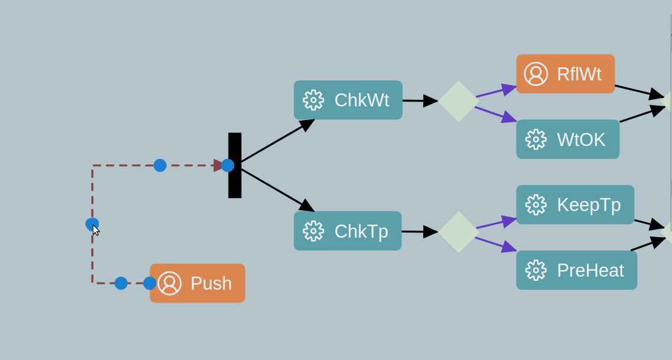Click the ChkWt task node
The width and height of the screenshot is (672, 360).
click(x=348, y=100)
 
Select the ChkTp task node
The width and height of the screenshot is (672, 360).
click(x=348, y=231)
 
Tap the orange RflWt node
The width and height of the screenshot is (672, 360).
click(x=566, y=74)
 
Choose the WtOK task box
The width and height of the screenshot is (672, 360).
click(x=568, y=140)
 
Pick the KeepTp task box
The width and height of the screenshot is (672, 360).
click(x=575, y=205)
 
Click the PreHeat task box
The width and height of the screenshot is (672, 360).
click(x=576, y=270)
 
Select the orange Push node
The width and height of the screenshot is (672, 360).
click(x=197, y=283)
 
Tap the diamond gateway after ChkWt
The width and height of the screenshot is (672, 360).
click(x=458, y=101)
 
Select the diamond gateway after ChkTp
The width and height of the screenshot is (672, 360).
click(x=458, y=232)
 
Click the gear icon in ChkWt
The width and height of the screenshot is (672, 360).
click(x=313, y=100)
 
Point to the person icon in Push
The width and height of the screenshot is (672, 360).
click(x=170, y=283)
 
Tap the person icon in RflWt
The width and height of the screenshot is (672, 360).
click(x=536, y=74)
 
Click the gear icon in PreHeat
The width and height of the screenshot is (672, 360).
click(x=536, y=270)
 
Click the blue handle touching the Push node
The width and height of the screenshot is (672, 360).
click(x=150, y=283)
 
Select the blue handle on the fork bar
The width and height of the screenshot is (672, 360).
click(x=228, y=166)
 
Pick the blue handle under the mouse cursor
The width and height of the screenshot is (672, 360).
click(x=92, y=224)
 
